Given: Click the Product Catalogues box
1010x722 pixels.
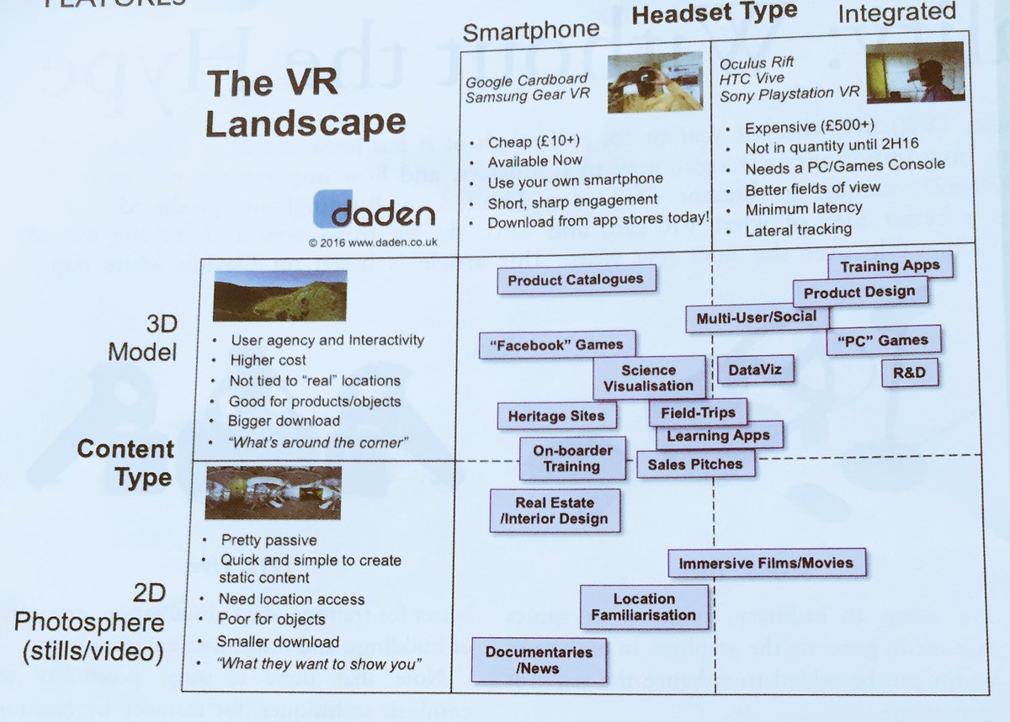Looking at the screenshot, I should point(577,279).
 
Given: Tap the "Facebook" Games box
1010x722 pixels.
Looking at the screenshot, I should point(557,344).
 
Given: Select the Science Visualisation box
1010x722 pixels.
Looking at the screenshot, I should point(649,378).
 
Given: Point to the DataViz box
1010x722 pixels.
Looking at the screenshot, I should point(744,369).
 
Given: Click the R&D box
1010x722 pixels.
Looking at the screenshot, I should point(909,372).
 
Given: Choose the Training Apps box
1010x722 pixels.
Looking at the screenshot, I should point(890,266).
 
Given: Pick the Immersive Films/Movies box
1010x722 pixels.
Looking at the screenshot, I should point(766,563).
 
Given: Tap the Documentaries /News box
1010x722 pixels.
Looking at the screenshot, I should point(539,660).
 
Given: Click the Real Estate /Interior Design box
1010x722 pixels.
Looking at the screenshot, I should point(555,511).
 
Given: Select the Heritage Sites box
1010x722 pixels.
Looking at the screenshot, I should point(555,416).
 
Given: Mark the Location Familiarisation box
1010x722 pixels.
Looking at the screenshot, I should point(644,607).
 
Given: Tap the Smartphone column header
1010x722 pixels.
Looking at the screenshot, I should point(531,31).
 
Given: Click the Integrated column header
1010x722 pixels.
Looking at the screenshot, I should point(897,13).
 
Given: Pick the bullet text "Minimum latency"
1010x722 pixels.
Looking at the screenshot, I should point(803,208).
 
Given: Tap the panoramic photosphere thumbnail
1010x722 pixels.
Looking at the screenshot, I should point(273,492).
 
